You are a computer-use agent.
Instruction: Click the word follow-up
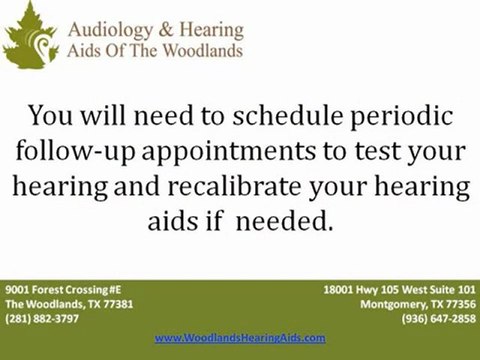tap(88, 153)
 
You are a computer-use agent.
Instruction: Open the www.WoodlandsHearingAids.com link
tap(240, 338)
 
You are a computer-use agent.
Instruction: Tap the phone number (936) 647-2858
tap(441, 317)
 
